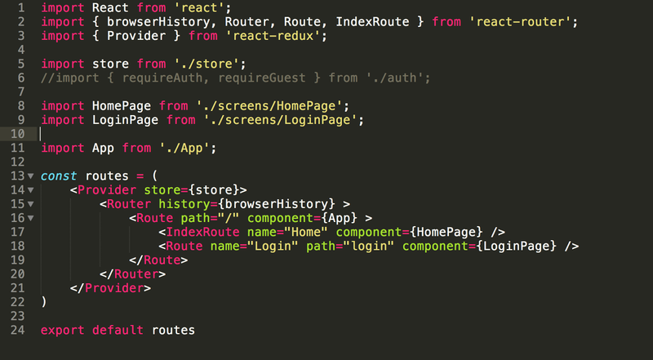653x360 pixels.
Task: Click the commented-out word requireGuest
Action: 262,78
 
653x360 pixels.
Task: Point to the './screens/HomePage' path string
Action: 269,106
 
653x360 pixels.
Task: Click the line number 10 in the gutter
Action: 17,134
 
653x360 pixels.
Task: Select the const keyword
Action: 59,176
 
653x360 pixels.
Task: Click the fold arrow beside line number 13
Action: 31,176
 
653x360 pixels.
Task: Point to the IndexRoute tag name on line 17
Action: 202,232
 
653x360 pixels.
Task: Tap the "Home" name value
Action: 306,232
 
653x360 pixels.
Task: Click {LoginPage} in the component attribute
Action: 517,247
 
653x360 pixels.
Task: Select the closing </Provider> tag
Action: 110,288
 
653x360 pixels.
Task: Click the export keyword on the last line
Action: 63,330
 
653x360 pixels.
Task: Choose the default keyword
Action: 118,330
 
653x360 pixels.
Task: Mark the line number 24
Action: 17,330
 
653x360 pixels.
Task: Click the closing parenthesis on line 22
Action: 44,302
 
